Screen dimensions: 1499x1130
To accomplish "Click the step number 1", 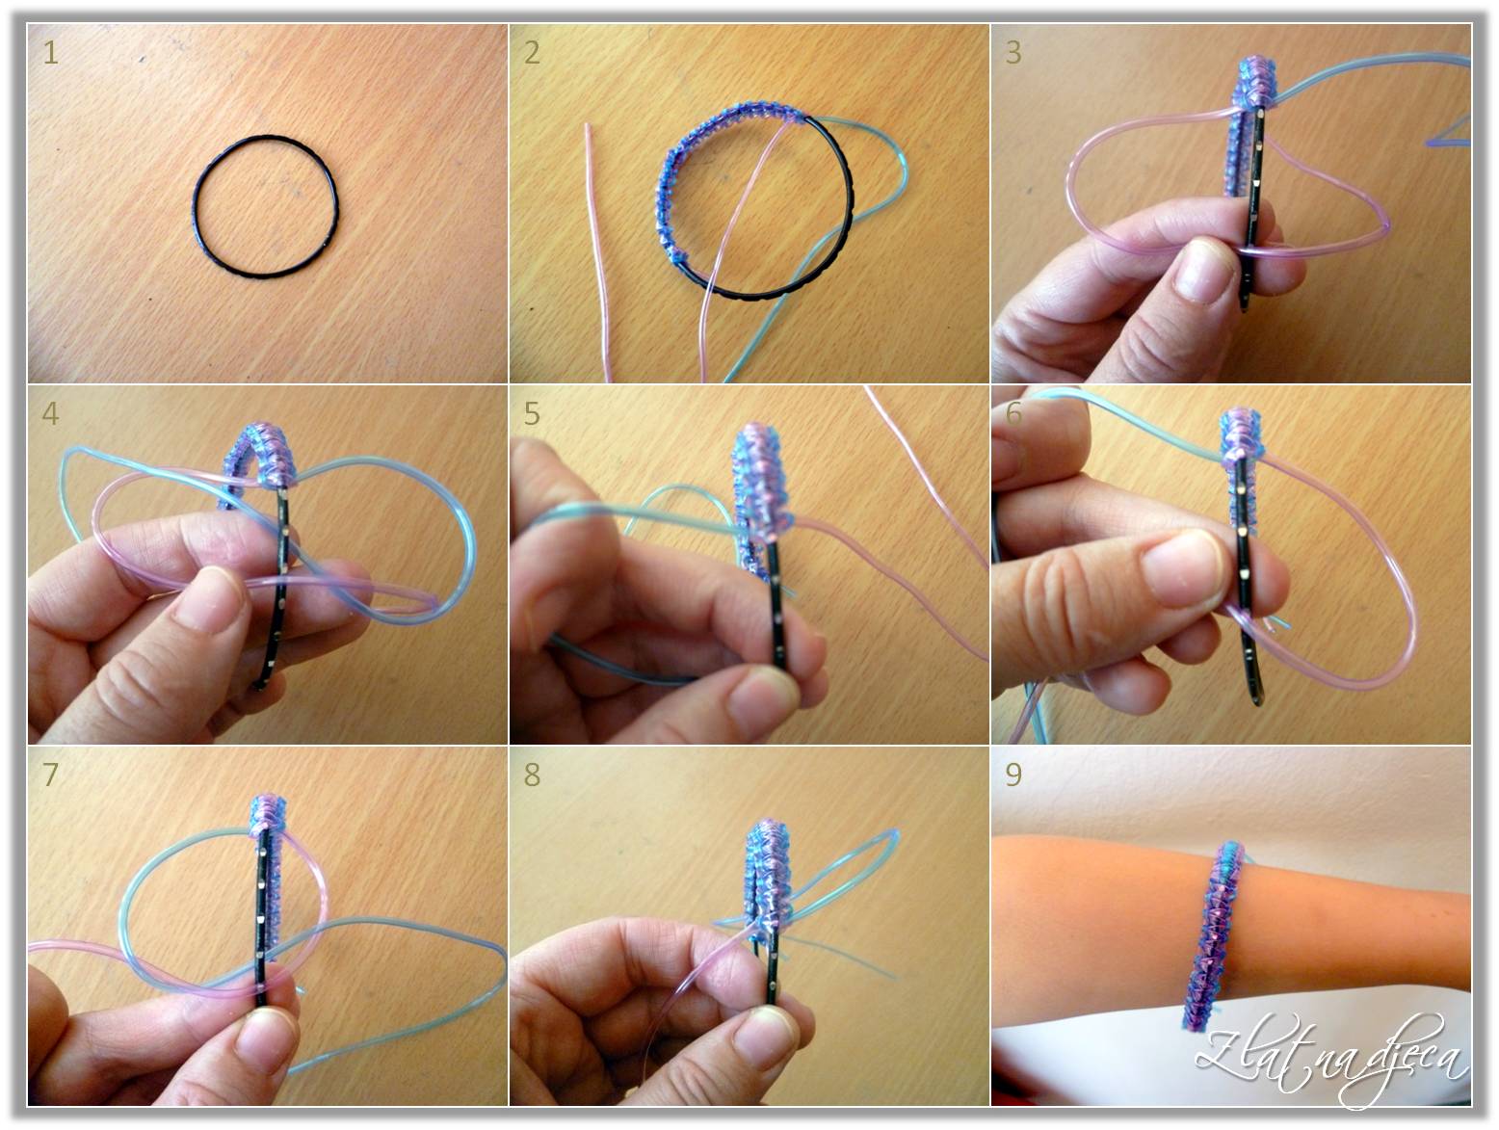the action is coord(50,53).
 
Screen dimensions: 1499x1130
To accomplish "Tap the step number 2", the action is coord(532,53).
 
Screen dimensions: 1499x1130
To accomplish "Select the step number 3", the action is coord(1013,53).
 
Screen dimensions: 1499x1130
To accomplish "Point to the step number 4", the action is coord(50,414).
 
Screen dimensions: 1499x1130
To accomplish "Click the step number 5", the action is coord(532,414).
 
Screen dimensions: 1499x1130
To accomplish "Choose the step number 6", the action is coord(1013,414).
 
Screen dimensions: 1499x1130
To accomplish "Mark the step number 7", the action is coord(50,775).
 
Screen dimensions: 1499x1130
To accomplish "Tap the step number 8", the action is coord(532,775).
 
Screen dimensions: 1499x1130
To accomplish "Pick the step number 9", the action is coord(1013,775).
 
